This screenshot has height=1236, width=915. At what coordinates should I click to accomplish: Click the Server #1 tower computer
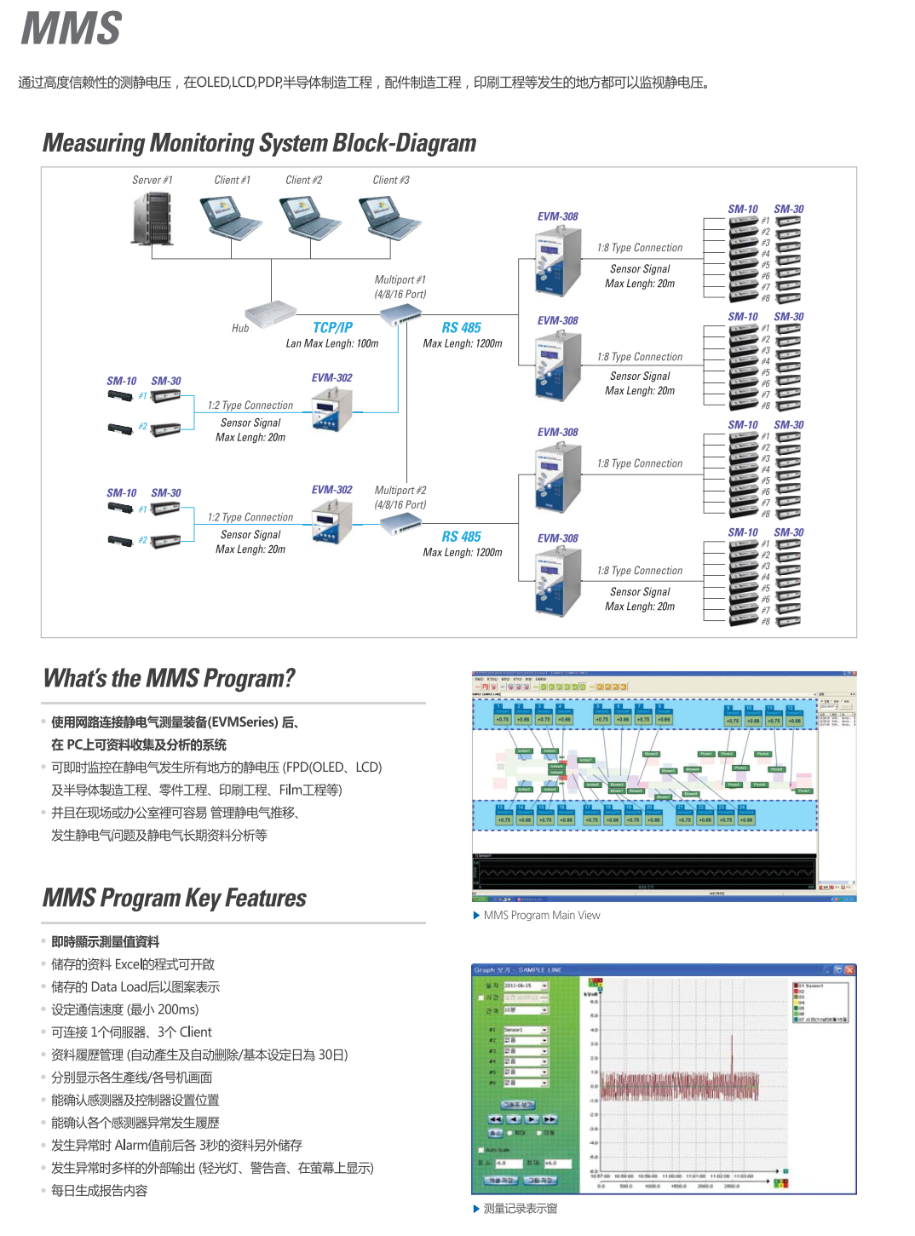tap(152, 219)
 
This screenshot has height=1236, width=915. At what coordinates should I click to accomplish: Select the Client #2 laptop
tap(313, 217)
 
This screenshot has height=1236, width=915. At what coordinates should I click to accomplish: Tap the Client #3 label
tap(391, 180)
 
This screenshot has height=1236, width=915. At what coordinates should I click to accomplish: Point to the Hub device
tap(270, 314)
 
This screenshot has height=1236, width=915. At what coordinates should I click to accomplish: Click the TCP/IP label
tap(332, 328)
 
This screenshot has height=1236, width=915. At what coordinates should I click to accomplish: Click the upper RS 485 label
tap(461, 328)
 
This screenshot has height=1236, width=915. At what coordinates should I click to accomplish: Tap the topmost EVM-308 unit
tap(557, 262)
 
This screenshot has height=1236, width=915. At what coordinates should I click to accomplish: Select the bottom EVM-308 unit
tap(557, 583)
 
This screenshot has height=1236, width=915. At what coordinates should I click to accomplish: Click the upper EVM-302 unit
tap(332, 411)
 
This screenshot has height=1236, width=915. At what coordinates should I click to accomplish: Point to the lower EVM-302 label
tap(331, 490)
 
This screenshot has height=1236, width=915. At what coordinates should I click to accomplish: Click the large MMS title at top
tap(72, 29)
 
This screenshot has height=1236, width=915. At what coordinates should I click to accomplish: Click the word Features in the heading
tap(266, 899)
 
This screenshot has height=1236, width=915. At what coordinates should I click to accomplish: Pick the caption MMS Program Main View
tap(542, 916)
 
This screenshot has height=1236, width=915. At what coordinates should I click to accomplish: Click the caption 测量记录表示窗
tap(520, 1209)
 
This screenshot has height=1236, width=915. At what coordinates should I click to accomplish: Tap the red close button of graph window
tap(849, 969)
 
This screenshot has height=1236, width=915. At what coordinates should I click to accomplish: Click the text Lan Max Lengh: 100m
tap(332, 343)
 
